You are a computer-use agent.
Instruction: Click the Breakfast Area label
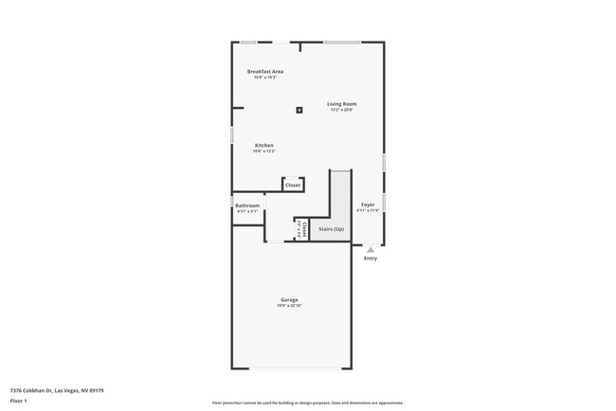point(265,72)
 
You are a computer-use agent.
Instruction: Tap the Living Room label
point(342,103)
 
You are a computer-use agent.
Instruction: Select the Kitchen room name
point(263,145)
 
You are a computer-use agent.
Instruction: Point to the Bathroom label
point(247,205)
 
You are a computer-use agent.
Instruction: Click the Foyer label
point(368,205)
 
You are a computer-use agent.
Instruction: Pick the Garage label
point(289,299)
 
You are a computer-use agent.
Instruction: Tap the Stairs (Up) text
point(332,229)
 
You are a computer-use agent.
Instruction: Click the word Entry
point(370,259)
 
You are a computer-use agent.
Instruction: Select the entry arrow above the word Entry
point(370,250)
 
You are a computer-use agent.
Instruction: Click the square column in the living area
point(299,110)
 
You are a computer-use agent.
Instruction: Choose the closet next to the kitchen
point(293,185)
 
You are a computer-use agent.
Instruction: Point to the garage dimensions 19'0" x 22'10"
point(289,306)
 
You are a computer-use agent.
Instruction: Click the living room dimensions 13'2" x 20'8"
point(342,110)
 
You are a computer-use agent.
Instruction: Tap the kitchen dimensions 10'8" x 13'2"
point(263,152)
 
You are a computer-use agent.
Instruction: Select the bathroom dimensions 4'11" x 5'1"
point(247,211)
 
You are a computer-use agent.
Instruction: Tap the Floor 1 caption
point(19,401)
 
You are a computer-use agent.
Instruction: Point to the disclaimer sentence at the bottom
point(307,403)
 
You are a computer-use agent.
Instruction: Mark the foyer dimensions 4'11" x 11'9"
point(368,210)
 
